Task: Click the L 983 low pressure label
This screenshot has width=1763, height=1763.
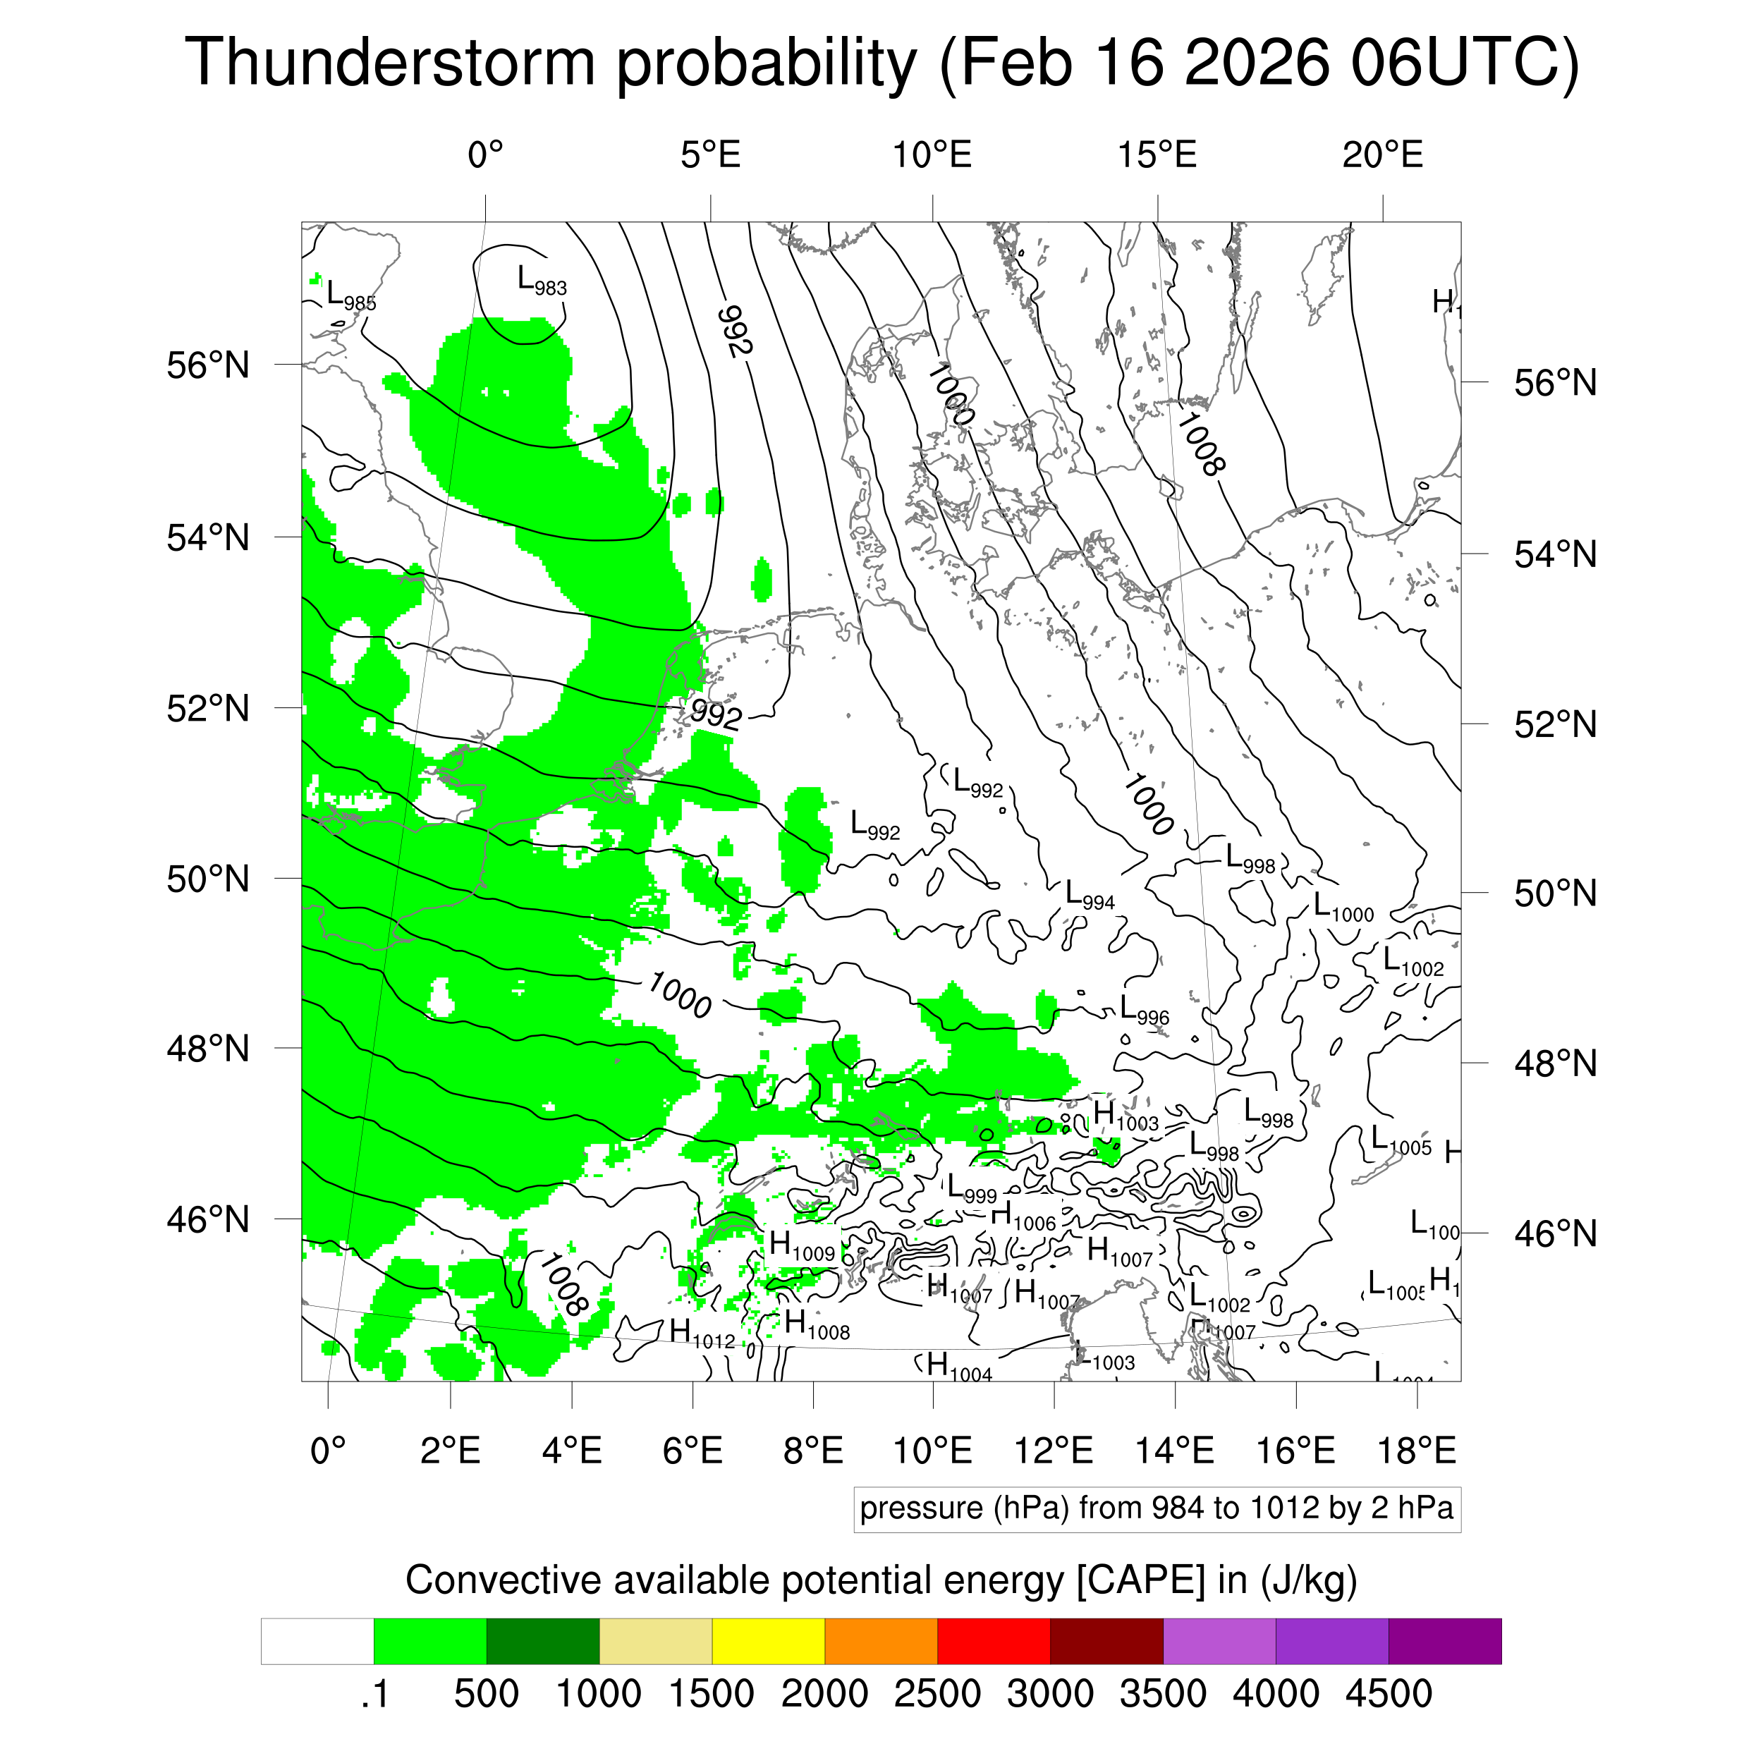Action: [541, 280]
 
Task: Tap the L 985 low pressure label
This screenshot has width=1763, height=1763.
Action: [350, 295]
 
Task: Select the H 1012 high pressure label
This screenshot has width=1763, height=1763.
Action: [701, 1334]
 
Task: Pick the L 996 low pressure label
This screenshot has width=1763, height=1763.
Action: [1143, 1010]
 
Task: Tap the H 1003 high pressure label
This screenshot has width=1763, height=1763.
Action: [1125, 1116]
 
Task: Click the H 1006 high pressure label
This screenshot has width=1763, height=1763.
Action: [1022, 1216]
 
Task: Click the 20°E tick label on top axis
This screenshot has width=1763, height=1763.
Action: [1381, 155]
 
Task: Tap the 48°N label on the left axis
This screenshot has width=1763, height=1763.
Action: [208, 1049]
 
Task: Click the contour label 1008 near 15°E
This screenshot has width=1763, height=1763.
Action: [1199, 444]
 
